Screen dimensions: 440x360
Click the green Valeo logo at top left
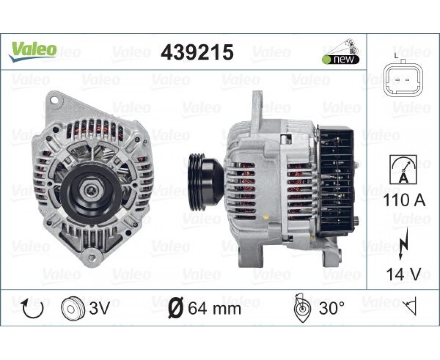(32, 52)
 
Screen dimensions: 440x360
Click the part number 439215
(197, 52)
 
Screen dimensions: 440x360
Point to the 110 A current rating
(404, 200)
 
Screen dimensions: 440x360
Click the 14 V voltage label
(404, 274)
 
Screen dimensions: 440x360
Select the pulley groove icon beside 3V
(73, 308)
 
